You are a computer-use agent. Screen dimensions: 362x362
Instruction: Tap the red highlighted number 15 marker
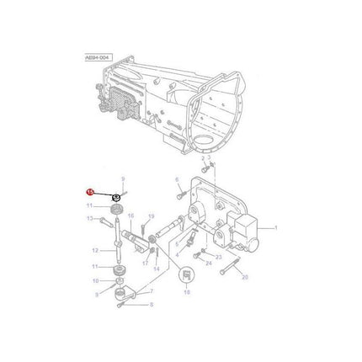pos(90,193)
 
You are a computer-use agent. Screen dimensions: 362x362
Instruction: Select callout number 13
pos(89,219)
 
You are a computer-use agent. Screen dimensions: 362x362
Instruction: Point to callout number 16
pos(130,216)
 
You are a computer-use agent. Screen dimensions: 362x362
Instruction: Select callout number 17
pos(144,263)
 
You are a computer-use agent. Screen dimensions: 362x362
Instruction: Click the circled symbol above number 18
pos(186,274)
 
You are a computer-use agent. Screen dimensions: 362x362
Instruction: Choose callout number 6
pos(178,179)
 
